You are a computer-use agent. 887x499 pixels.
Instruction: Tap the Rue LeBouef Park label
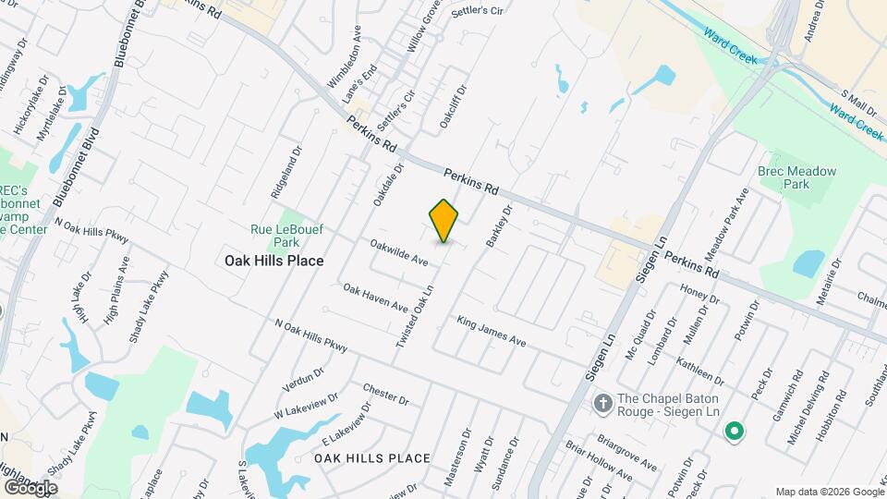274,236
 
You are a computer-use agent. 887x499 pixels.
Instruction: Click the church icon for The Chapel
602,404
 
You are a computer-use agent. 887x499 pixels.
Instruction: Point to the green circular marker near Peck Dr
734,431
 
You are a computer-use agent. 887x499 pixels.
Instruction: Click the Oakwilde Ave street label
399,253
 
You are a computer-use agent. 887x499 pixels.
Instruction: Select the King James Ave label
492,332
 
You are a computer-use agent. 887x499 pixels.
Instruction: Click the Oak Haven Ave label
375,298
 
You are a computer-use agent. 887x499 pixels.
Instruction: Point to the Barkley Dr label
499,222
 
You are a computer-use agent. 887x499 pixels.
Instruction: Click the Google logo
30,487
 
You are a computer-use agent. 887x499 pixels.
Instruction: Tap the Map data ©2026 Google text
828,492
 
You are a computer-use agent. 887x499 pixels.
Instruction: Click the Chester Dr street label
386,394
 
